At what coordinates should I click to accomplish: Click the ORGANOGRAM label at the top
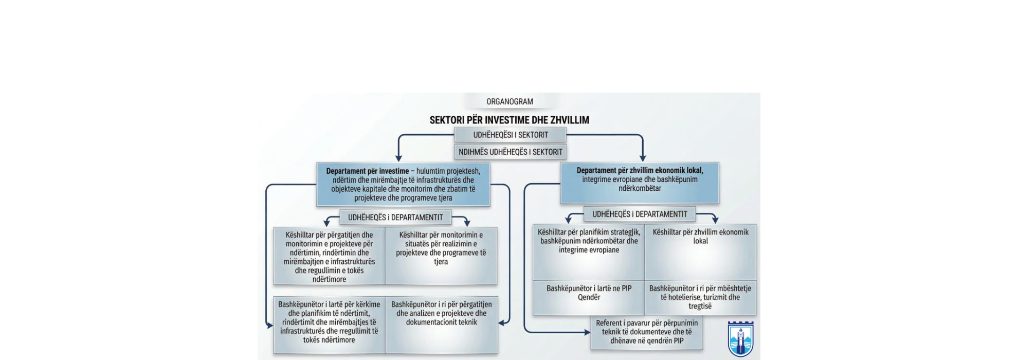coord(510,102)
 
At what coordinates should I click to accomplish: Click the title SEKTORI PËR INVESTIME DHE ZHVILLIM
coord(510,120)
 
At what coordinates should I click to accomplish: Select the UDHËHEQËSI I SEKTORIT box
coord(510,135)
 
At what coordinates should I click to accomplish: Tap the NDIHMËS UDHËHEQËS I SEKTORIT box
coord(510,152)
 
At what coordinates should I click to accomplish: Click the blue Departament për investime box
coord(403,185)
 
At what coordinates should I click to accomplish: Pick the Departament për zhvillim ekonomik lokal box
coord(640,183)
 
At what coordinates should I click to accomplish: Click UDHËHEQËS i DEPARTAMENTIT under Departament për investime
coord(395,218)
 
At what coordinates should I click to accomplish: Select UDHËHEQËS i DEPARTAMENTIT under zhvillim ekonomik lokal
coord(640,214)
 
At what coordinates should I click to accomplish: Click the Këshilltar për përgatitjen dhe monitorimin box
coord(329,257)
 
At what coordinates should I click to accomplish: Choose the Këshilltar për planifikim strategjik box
coord(589,252)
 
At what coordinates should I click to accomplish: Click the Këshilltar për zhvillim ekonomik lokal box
coord(700,252)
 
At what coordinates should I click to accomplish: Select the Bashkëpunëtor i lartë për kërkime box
coord(329,324)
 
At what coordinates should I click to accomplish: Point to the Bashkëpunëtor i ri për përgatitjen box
coord(441,324)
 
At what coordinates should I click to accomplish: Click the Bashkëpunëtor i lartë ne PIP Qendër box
coord(589,297)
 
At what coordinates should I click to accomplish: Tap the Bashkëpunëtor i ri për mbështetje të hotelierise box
coord(700,297)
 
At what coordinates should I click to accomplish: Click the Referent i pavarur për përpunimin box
coord(647,332)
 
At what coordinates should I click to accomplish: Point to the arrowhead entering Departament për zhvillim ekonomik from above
coord(642,158)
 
